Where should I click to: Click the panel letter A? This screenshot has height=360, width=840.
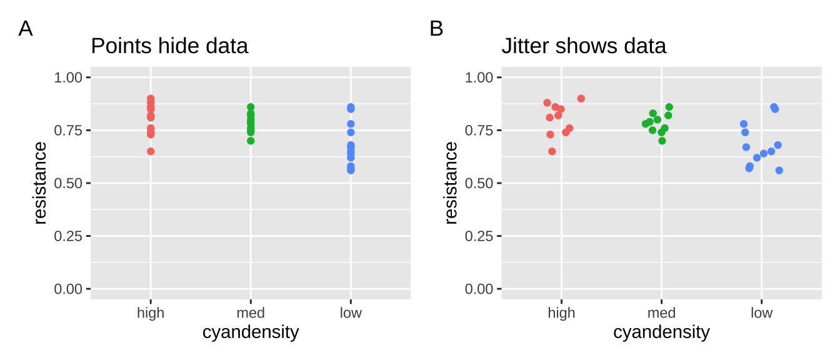(x=25, y=29)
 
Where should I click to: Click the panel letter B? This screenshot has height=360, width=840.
(x=436, y=29)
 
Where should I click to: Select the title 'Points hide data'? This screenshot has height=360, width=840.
(x=169, y=46)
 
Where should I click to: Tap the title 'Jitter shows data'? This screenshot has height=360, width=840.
(x=584, y=46)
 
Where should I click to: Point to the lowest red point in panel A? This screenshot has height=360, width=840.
(x=151, y=151)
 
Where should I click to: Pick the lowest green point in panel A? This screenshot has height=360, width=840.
(x=251, y=141)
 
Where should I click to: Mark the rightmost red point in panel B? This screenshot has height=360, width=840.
(x=581, y=99)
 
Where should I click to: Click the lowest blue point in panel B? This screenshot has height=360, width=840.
(x=779, y=171)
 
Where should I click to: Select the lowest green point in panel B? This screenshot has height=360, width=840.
(x=662, y=141)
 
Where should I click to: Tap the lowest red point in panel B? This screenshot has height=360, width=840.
(x=552, y=151)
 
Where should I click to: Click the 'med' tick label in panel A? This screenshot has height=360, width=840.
(x=251, y=313)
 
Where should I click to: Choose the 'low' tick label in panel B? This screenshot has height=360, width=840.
(x=761, y=313)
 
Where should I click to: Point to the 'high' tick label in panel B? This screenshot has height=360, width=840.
(x=561, y=313)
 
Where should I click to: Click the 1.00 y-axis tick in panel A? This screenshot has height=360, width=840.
(x=69, y=77)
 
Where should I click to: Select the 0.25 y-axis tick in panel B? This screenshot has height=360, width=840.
(x=479, y=236)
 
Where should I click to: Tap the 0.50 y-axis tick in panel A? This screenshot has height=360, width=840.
(x=69, y=183)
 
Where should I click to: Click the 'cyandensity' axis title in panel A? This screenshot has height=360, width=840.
(x=251, y=332)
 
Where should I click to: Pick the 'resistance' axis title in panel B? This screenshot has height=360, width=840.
(x=451, y=183)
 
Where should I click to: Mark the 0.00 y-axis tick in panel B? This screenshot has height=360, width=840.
(x=479, y=289)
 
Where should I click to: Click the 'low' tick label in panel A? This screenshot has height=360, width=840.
(x=351, y=313)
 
